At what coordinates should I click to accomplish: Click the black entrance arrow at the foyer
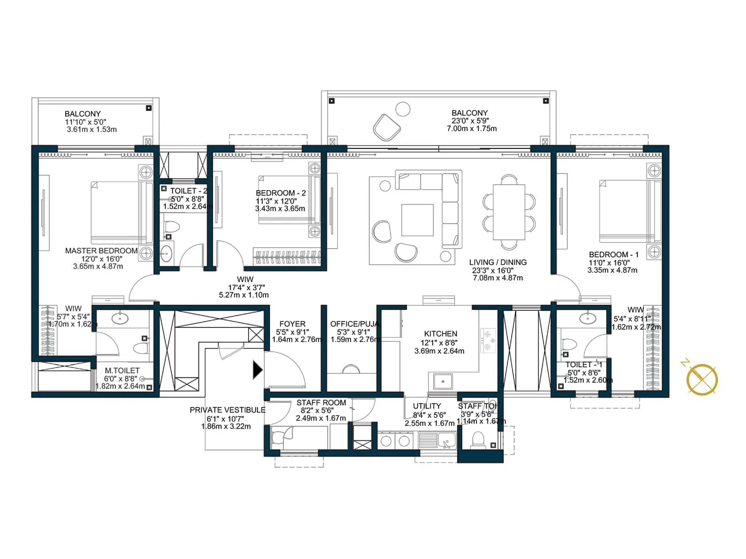(x=257, y=370)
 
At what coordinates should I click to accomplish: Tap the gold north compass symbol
(x=702, y=379)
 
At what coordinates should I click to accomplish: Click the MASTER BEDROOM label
(x=101, y=251)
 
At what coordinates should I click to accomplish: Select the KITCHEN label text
(x=440, y=334)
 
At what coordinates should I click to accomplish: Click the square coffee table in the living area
(x=417, y=220)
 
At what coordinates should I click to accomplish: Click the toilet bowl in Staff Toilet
(x=478, y=440)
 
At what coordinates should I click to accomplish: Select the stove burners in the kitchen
(x=488, y=340)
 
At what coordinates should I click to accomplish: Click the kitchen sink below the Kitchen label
(x=442, y=382)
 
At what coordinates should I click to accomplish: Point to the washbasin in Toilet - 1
(x=587, y=319)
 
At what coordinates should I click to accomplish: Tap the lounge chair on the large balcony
(x=387, y=127)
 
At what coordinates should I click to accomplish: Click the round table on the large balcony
(x=403, y=109)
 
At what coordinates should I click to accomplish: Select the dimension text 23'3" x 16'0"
(x=493, y=270)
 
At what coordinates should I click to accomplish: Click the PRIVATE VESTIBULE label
(x=227, y=410)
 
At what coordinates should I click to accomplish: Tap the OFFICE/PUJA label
(x=354, y=324)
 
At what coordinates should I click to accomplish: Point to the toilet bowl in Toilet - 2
(x=172, y=227)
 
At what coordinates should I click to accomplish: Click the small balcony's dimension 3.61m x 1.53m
(x=91, y=130)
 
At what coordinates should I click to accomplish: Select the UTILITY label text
(x=427, y=406)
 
